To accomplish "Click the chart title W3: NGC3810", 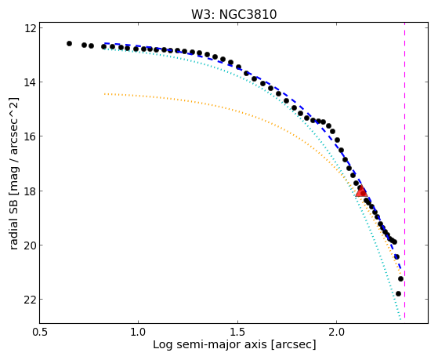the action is pos(233,14).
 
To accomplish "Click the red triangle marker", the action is pos(361,191).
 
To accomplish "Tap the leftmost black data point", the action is pos(69,43).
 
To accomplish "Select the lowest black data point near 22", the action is pos(398,293).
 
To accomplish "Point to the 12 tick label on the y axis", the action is pos(30,28).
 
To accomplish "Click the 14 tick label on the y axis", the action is pos(30,82).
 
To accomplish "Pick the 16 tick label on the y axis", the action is pos(30,136).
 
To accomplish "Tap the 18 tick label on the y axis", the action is pos(30,191).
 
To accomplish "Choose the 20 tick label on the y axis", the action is pos(30,245).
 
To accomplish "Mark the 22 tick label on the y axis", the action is pos(30,300).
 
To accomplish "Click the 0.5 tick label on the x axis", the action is pos(39,332).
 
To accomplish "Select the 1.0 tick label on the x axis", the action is pos(139,332).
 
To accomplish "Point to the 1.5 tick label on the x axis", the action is pos(237,332).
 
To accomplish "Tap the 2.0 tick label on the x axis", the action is pos(337,332).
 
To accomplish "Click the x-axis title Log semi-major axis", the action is pos(209,344).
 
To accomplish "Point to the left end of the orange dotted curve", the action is pos(104,94).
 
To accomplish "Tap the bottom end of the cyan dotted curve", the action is pos(400,319).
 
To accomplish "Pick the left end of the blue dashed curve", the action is pos(104,43).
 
